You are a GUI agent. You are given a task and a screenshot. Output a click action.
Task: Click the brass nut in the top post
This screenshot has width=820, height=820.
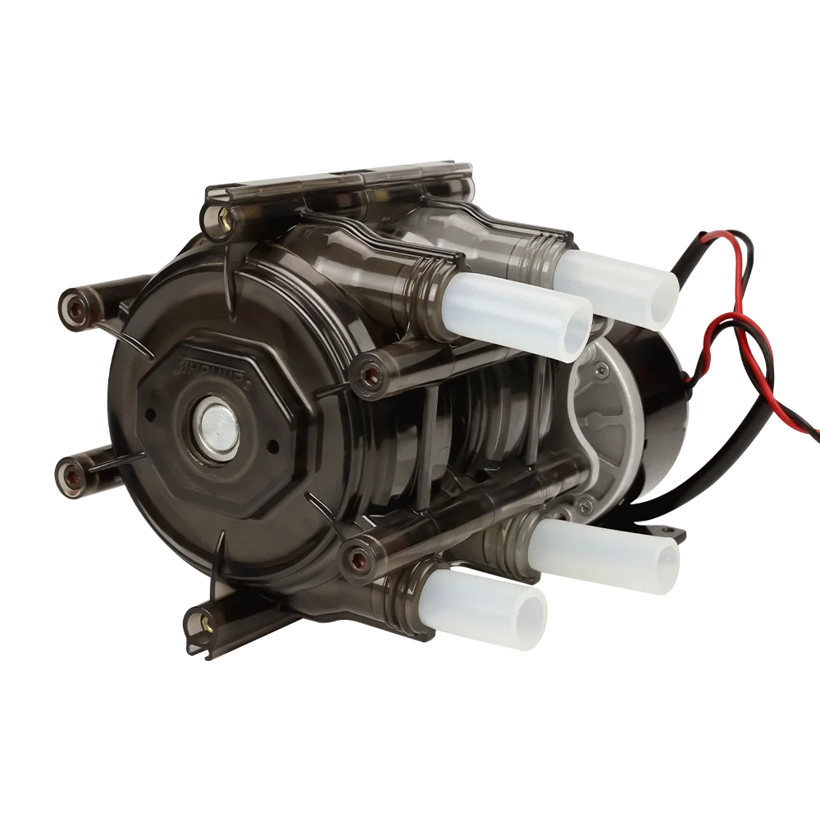(x=222, y=217)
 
